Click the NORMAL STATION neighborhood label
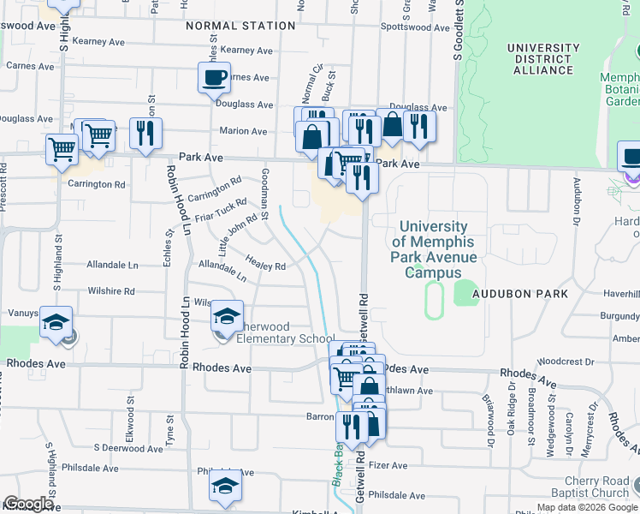[x=241, y=26]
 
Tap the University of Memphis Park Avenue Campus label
[x=434, y=249]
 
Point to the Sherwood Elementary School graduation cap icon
[x=227, y=318]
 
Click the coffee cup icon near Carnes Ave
[x=214, y=80]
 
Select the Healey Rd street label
[x=265, y=266]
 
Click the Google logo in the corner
[x=28, y=504]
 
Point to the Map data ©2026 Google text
[x=587, y=507]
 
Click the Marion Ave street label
[x=243, y=131]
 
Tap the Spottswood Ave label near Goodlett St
[x=414, y=28]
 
